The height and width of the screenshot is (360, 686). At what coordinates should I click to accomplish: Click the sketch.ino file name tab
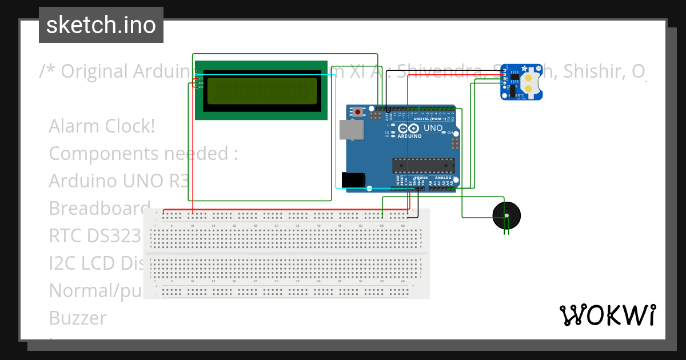(x=101, y=25)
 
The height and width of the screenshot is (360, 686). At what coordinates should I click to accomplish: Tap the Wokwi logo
(x=608, y=315)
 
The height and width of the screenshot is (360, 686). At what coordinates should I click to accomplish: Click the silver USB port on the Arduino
(x=351, y=130)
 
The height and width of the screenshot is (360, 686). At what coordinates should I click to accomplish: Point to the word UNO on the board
(x=433, y=128)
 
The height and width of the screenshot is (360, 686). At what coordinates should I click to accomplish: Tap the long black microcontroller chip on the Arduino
(x=423, y=165)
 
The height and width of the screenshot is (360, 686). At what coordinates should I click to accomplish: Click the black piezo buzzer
(x=506, y=215)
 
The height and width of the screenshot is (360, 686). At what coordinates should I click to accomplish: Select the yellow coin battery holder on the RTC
(x=531, y=82)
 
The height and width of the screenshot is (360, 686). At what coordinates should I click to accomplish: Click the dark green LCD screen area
(x=262, y=91)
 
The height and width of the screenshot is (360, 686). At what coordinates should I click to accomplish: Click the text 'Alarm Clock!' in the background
(x=102, y=126)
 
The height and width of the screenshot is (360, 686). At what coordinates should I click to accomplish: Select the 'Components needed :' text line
(x=143, y=154)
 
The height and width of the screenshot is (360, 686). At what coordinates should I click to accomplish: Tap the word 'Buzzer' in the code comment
(x=78, y=318)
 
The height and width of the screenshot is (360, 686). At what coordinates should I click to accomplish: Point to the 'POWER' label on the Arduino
(x=421, y=178)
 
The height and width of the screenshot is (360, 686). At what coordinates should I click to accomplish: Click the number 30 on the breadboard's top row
(x=276, y=226)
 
